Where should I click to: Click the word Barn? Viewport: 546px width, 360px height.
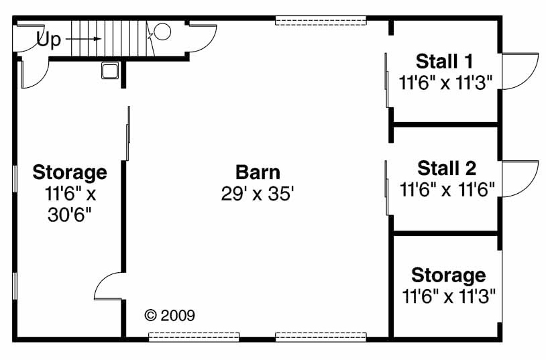(x=258, y=172)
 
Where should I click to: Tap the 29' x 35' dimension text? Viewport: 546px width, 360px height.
(x=258, y=194)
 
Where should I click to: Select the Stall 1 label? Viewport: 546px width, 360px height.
(x=445, y=62)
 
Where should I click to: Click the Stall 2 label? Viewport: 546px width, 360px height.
(x=447, y=168)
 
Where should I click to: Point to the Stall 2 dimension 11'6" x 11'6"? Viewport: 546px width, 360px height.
(x=447, y=190)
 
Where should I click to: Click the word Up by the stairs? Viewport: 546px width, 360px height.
(x=48, y=40)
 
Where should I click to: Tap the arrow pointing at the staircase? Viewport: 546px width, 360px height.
(x=84, y=40)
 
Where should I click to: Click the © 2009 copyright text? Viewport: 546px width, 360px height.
(x=170, y=315)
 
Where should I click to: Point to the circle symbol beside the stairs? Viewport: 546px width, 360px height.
(x=163, y=32)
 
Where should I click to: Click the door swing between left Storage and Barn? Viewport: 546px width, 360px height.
(x=109, y=287)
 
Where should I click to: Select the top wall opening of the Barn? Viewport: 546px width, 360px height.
(x=321, y=21)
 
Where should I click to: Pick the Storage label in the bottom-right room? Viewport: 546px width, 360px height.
(x=448, y=275)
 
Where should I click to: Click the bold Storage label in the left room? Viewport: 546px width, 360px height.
(x=70, y=172)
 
